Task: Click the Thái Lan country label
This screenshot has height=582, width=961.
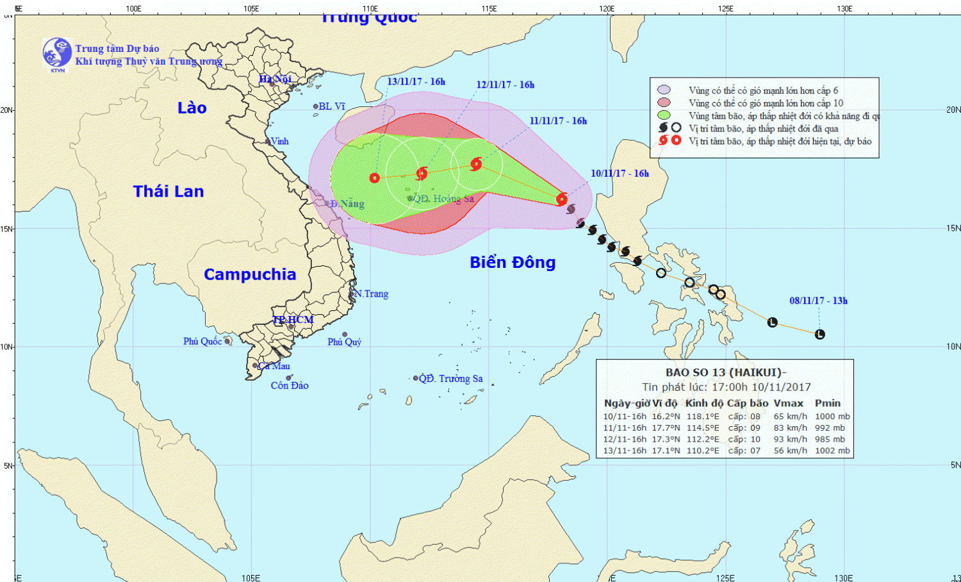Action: coord(168,191)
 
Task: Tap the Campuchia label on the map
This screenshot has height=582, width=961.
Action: coord(250,274)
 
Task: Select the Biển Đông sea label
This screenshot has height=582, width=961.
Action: coord(513,262)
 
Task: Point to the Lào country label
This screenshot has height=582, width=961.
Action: coord(192,108)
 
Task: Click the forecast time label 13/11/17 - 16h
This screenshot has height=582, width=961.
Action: coord(416,82)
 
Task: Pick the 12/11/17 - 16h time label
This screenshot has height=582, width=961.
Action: coord(505,85)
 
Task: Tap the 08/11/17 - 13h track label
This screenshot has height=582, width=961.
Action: coord(818,301)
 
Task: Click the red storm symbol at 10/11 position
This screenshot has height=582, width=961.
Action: coord(562,199)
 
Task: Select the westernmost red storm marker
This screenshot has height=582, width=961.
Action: coord(375,178)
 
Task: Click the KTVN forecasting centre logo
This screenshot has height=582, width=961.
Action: coord(57,54)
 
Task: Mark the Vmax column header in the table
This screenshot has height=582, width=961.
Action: coord(788,403)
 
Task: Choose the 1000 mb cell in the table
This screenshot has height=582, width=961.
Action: coord(832,416)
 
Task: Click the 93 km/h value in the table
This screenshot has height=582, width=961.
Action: coord(790,439)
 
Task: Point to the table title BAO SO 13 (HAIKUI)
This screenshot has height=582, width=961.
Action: coord(724,372)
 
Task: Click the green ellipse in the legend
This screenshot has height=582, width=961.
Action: coord(664,115)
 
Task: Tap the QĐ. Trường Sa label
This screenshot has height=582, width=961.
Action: coord(450,379)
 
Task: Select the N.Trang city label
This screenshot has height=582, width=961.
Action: coord(372,294)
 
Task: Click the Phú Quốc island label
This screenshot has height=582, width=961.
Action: coord(202,342)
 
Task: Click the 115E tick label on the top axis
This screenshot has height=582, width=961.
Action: coord(489,9)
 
